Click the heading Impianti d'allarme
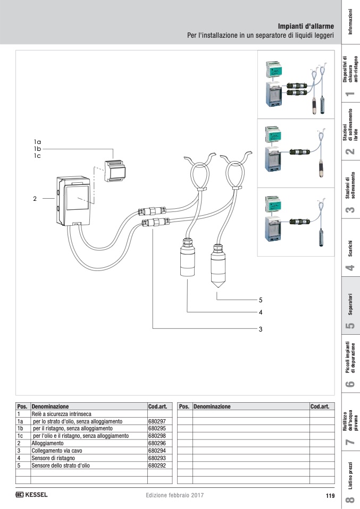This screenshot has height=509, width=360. point(306,26)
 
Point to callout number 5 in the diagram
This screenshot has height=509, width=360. point(261,299)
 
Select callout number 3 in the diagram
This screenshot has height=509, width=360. point(261,329)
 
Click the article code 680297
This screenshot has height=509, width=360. point(157,421)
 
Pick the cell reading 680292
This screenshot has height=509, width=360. point(157,465)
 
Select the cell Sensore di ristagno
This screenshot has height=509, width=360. point(53,457)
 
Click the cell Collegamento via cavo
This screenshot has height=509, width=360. point(57,450)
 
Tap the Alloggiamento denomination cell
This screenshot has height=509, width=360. point(48,443)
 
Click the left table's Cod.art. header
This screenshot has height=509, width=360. point(158,406)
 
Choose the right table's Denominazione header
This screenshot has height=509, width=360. point(212,406)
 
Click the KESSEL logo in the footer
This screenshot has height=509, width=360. point(32,495)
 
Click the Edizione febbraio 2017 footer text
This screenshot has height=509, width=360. point(174,496)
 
